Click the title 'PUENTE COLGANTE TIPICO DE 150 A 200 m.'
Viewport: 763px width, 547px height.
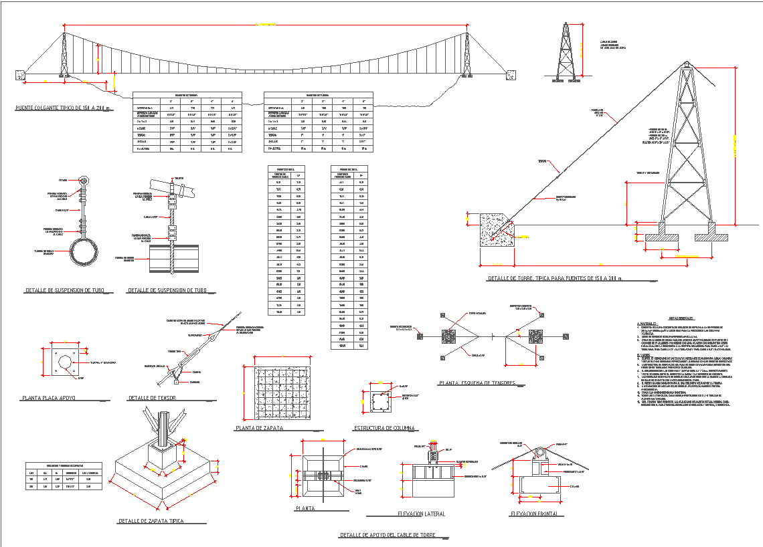click(64, 108)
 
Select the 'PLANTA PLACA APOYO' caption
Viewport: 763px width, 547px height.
click(48, 398)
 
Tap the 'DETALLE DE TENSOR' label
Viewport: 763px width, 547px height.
click(152, 398)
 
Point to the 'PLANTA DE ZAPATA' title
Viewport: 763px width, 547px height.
click(259, 428)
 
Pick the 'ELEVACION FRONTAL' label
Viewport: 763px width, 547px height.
click(536, 514)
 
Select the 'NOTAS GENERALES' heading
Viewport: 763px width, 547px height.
click(681, 319)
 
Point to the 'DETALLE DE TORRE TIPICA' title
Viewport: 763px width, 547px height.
click(555, 278)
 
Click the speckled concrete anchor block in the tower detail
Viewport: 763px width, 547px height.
click(498, 231)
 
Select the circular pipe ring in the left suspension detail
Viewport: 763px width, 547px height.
click(84, 250)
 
